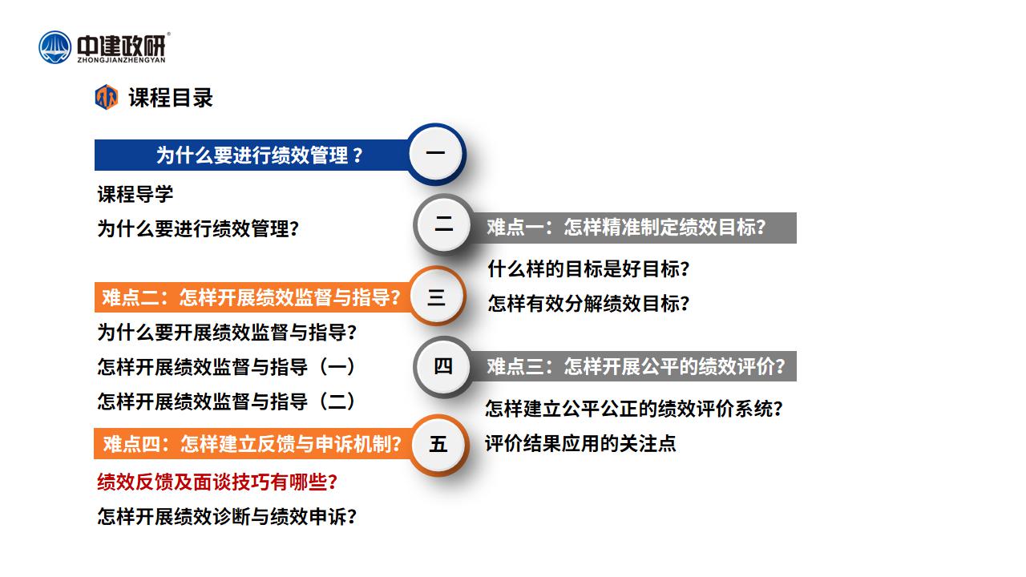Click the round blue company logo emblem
pos(55,47)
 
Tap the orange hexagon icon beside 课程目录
pos(107,97)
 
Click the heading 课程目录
pos(171,98)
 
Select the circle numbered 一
pos(435,154)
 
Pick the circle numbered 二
pos(443,224)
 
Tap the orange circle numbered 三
pos(436,297)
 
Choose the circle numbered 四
pos(443,366)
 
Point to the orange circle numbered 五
pos(438,445)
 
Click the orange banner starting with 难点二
pos(252,297)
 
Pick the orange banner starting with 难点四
pos(252,444)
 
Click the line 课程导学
pos(135,194)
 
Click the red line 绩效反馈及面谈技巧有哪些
pos(217,482)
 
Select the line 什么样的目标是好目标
pos(588,268)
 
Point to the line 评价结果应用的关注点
pos(580,443)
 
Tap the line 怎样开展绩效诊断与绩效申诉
pos(227,517)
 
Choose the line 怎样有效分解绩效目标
pos(588,304)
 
